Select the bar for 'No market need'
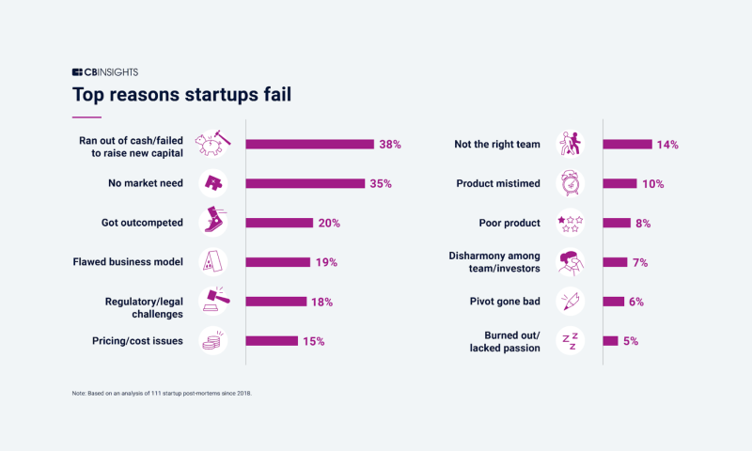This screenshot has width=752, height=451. tap(305, 183)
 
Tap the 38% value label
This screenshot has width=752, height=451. tap(390, 145)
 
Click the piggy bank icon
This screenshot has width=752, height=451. tap(211, 144)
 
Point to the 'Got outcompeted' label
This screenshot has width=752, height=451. tap(142, 223)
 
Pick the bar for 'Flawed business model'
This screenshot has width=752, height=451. tap(278, 262)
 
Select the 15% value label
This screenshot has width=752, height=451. tap(313, 341)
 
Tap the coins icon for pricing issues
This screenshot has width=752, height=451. tap(212, 341)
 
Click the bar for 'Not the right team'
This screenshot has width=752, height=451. tap(627, 145)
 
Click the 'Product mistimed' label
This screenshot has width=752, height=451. tap(498, 183)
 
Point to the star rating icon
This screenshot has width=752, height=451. tap(570, 223)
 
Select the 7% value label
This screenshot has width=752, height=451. tap(641, 262)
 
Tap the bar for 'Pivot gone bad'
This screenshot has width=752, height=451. tap(613, 302)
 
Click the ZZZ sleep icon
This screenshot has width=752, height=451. tap(570, 341)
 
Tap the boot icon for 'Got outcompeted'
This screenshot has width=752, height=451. tap(212, 223)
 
